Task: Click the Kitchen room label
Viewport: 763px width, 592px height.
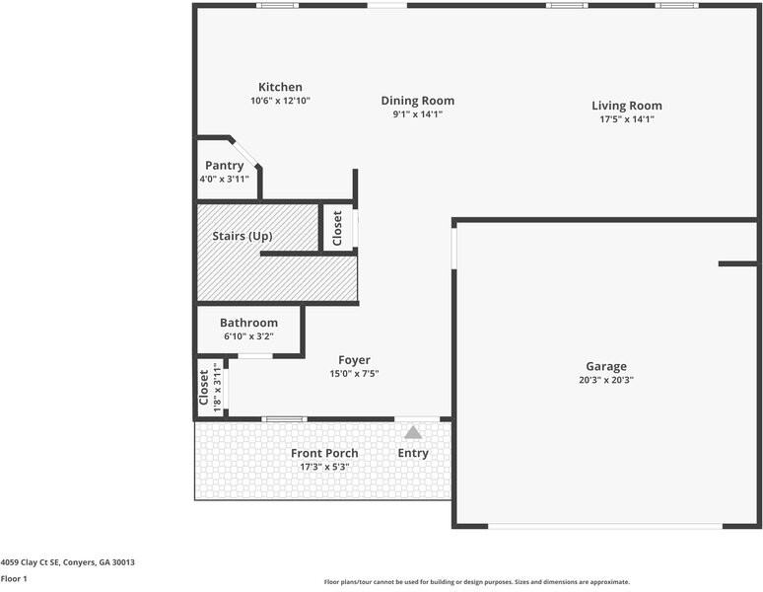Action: [280, 87]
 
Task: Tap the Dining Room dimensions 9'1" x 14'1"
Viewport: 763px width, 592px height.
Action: [417, 113]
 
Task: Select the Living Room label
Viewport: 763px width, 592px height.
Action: [626, 106]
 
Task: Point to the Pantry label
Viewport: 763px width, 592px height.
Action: [224, 166]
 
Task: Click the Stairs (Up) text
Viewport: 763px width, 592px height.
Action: [243, 237]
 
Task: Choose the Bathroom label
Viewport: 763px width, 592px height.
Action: [248, 323]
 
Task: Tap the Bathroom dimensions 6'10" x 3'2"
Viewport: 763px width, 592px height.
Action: [248, 336]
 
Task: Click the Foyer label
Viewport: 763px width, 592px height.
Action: [354, 360]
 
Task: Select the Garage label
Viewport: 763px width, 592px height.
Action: [606, 366]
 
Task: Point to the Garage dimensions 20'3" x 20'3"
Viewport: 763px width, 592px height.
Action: [606, 380]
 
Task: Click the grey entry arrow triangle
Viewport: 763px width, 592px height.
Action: [413, 432]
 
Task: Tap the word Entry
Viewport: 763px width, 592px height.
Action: [413, 453]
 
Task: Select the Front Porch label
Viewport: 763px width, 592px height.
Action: [324, 453]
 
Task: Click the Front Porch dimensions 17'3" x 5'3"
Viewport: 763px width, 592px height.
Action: [324, 467]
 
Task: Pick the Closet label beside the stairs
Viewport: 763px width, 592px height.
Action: [337, 228]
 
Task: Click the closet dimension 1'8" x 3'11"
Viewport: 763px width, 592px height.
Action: [217, 386]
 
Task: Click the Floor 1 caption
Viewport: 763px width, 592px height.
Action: [14, 579]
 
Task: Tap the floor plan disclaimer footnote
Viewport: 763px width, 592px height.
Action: [476, 582]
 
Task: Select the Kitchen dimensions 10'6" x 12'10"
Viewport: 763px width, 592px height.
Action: [280, 101]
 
